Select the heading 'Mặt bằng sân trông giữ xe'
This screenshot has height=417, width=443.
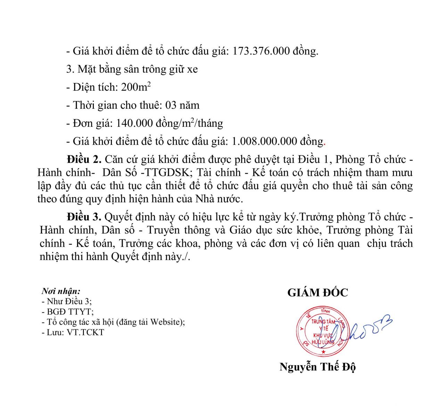point(138,69)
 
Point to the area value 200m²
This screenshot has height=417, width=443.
point(136,87)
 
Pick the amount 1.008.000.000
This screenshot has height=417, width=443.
point(264,141)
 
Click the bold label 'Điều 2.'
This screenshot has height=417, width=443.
point(84,160)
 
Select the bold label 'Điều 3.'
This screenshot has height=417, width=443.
point(84,217)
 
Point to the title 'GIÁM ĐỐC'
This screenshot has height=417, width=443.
point(318,293)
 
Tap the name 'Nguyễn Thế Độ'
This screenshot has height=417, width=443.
point(318,367)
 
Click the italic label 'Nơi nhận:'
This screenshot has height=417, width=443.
point(61,291)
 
